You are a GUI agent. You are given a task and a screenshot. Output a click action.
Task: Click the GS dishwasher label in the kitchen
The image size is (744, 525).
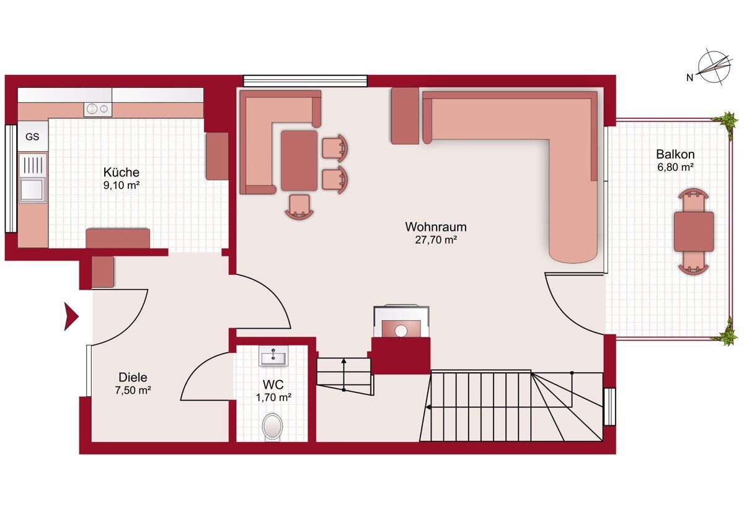[x=32, y=137]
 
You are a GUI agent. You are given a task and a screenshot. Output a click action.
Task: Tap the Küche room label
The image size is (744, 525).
[x=122, y=172]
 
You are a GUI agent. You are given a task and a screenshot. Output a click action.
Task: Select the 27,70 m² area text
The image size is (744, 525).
[x=436, y=240]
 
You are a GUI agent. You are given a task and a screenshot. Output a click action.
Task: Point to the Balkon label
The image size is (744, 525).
[x=675, y=154]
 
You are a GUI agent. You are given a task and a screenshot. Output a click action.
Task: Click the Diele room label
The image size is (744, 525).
[x=133, y=377]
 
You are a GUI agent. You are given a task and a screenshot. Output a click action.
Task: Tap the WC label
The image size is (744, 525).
[x=273, y=384]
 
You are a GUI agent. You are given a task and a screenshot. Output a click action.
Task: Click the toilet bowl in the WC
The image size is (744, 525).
[x=272, y=427]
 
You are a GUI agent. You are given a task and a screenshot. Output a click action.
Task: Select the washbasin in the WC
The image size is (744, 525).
[x=273, y=356]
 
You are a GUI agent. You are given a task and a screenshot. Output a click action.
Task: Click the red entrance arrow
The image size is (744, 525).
[x=71, y=317]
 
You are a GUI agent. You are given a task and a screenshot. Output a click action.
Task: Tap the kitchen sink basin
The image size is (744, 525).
[x=32, y=189]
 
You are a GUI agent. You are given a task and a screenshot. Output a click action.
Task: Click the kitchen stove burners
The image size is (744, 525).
[x=98, y=109]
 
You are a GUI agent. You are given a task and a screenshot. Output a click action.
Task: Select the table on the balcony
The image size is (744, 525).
[x=694, y=232]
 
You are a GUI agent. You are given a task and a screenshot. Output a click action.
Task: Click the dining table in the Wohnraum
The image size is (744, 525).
[x=299, y=160]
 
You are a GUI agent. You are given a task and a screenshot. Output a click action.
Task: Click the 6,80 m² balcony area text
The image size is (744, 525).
[x=675, y=167]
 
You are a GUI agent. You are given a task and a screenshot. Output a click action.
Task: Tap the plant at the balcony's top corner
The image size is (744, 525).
[x=729, y=121]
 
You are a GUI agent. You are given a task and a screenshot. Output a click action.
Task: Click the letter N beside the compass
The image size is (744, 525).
[x=690, y=77]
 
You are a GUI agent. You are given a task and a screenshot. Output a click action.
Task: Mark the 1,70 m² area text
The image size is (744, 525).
[x=273, y=397]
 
